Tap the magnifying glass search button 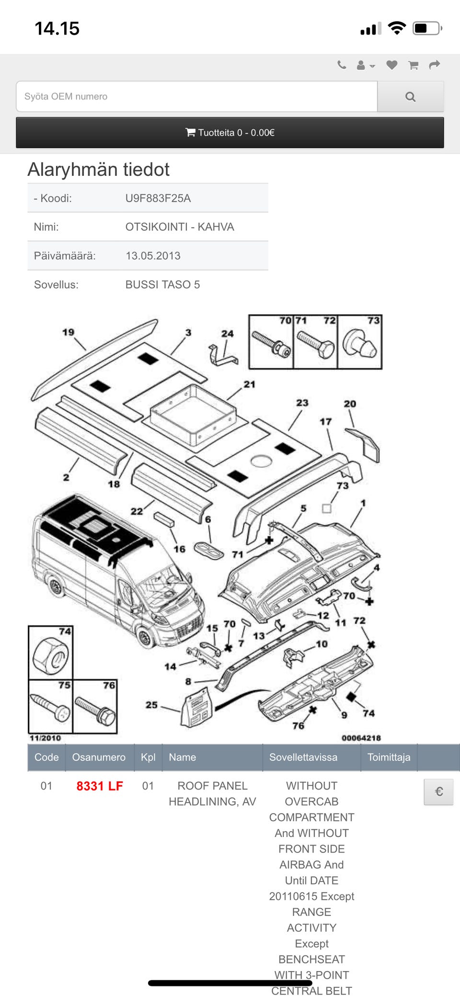(410, 97)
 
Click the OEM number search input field (196, 97)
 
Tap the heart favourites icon (391, 65)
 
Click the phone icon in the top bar (342, 65)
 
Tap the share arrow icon (434, 65)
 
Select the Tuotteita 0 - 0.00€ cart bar (230, 133)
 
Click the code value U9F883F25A (158, 198)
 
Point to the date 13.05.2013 (153, 256)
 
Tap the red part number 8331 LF (100, 786)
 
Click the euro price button (438, 791)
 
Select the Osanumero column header (99, 757)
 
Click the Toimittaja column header (389, 757)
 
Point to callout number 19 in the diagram (69, 332)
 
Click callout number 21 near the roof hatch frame (250, 384)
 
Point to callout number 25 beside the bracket (151, 705)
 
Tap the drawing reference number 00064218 (361, 738)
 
